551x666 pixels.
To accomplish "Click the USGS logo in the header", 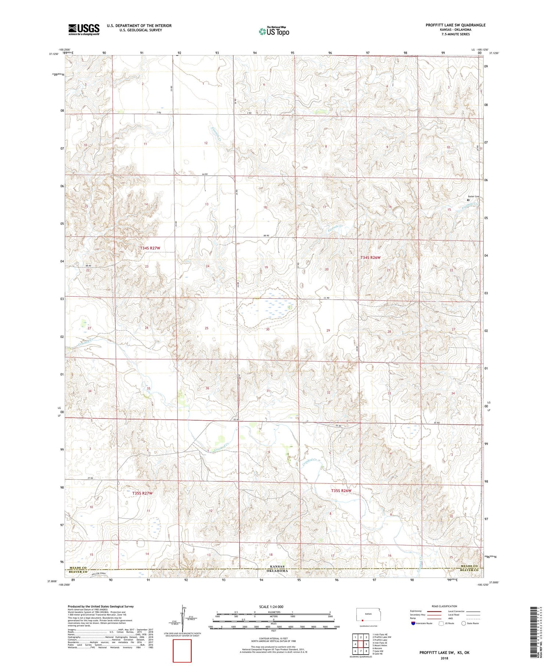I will (x=84, y=29).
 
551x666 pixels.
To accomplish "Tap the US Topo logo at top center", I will (x=274, y=32).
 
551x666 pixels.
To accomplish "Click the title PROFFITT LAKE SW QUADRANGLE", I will (x=455, y=25).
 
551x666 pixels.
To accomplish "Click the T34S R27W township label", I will (x=150, y=248).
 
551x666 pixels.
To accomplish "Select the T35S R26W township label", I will (x=341, y=491).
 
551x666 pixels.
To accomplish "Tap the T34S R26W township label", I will (x=370, y=258).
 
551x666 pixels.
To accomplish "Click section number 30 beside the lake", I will (x=268, y=330).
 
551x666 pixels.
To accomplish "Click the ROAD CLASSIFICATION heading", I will (x=444, y=606).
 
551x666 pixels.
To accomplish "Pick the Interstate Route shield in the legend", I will (x=413, y=623).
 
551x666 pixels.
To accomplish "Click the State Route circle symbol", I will (x=464, y=623).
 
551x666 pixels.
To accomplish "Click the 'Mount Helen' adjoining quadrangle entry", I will (x=380, y=645).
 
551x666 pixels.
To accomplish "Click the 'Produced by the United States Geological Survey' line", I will (x=100, y=606).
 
